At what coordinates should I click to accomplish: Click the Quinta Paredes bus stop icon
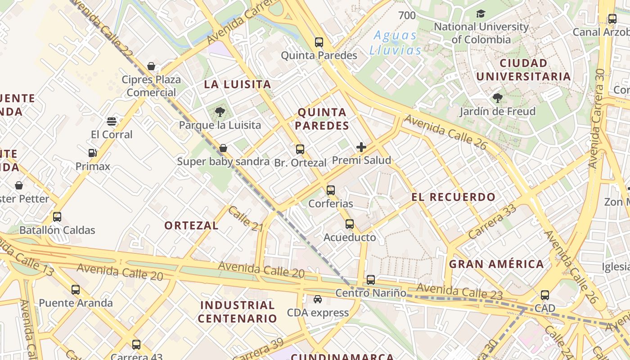tap(319, 42)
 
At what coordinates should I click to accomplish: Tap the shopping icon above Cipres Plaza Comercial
tap(151, 67)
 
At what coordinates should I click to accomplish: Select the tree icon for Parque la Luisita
tap(220, 112)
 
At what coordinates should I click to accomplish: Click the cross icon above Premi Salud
tap(361, 147)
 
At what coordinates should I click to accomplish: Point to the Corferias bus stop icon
tap(331, 190)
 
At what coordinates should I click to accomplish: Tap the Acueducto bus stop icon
tap(350, 224)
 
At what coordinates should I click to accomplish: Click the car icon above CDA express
tap(318, 299)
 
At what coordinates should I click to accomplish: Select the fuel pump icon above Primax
tap(93, 153)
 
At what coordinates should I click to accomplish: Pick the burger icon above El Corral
tap(112, 121)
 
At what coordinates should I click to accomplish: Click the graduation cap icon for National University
tap(481, 13)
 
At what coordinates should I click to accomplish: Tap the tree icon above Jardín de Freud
tap(497, 98)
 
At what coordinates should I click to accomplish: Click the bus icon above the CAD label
tap(545, 295)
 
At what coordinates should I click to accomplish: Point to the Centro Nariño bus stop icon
tap(371, 280)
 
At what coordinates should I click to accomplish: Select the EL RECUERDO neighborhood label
tap(453, 197)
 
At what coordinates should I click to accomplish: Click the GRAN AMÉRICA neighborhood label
tap(496, 264)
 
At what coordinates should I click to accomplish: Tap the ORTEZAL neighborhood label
tap(191, 225)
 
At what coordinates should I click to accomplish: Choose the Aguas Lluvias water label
tap(396, 43)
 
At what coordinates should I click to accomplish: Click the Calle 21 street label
tap(245, 219)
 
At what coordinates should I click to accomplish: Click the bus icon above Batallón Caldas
tap(57, 217)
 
